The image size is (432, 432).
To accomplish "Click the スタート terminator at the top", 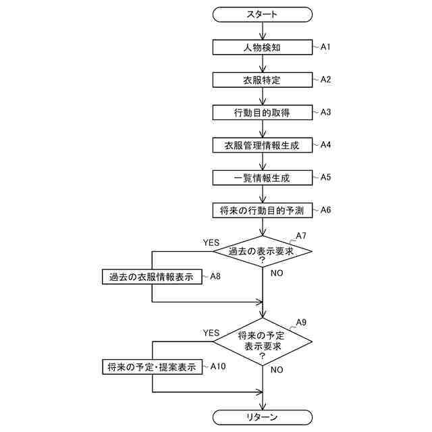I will [263, 13].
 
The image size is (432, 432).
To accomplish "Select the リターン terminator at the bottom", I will [263, 416].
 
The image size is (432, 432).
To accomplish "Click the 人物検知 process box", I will [263, 47].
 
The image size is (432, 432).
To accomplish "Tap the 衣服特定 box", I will [263, 80].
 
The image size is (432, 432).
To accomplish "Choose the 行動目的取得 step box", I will [263, 112].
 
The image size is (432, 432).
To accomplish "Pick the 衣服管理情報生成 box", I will [263, 144].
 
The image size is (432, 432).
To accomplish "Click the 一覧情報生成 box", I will [263, 178].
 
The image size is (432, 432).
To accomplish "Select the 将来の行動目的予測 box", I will [263, 210].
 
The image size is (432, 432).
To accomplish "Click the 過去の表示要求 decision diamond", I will [263, 251].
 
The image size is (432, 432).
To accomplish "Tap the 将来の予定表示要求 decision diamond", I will [263, 341].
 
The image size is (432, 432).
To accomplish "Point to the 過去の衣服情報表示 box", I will [152, 276].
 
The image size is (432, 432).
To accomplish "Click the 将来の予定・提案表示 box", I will [152, 367].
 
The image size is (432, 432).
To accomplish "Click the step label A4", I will [325, 144].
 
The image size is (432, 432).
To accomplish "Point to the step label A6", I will [325, 209].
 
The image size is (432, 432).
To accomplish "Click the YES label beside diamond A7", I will [211, 242].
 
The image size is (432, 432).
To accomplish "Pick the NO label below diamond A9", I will [277, 370].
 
